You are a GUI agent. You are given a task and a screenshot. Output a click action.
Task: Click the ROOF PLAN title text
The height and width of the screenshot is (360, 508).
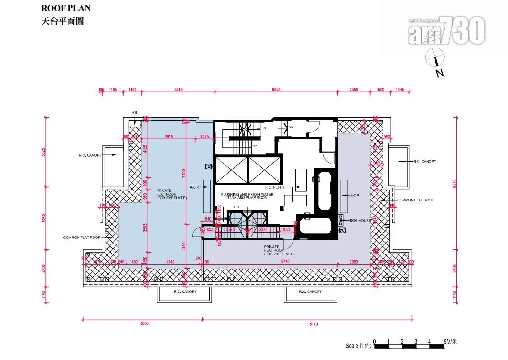point(66,8)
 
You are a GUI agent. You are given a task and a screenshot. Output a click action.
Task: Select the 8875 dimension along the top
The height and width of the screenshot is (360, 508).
point(276,90)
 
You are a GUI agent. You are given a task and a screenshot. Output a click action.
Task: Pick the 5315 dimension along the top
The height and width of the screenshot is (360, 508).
point(178,90)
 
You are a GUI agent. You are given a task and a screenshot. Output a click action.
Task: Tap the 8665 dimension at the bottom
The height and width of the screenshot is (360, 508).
point(145,323)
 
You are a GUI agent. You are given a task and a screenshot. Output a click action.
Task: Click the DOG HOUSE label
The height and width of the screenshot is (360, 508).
point(360,220)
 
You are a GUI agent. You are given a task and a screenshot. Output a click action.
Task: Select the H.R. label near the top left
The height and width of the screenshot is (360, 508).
point(135,113)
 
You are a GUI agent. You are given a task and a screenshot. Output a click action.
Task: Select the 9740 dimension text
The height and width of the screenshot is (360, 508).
point(286,262)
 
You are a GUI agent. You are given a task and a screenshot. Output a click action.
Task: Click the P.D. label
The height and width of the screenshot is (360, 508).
point(236,207)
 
